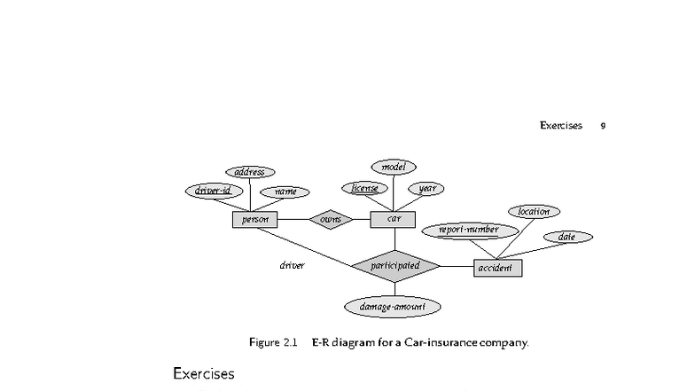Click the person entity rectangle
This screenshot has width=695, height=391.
[254, 219]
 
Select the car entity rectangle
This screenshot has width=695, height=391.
[394, 219]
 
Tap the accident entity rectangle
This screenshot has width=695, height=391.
[496, 268]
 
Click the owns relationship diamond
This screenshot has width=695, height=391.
[331, 219]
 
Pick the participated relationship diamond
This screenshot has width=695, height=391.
[395, 266]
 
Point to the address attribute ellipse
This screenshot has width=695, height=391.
[250, 172]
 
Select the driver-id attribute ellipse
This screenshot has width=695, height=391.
[213, 191]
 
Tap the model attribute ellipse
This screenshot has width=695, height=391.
[394, 167]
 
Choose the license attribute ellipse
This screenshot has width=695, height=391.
[364, 188]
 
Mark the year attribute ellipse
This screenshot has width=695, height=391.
[426, 188]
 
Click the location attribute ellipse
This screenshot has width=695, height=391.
[534, 211]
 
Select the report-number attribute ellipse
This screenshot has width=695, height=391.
[469, 230]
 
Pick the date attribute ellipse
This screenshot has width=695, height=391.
[566, 237]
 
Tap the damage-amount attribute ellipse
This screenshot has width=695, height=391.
[393, 307]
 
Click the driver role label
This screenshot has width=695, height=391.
[292, 265]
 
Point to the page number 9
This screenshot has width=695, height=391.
[603, 126]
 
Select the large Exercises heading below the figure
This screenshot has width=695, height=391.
[204, 373]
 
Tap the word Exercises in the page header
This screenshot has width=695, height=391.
[560, 126]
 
